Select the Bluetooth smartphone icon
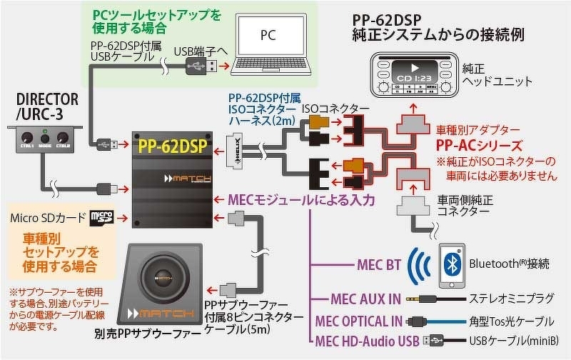(x=450, y=262)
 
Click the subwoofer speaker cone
(x=161, y=279)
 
